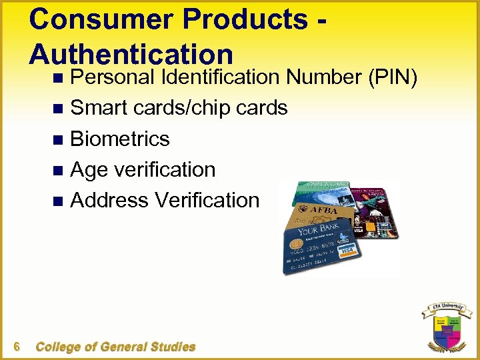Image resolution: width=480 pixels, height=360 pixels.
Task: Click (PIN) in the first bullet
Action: [393, 78]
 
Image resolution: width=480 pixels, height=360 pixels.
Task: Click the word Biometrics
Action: [120, 139]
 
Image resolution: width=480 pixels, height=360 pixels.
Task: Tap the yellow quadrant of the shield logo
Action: [439, 323]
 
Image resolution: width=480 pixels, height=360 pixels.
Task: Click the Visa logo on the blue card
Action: [346, 251]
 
